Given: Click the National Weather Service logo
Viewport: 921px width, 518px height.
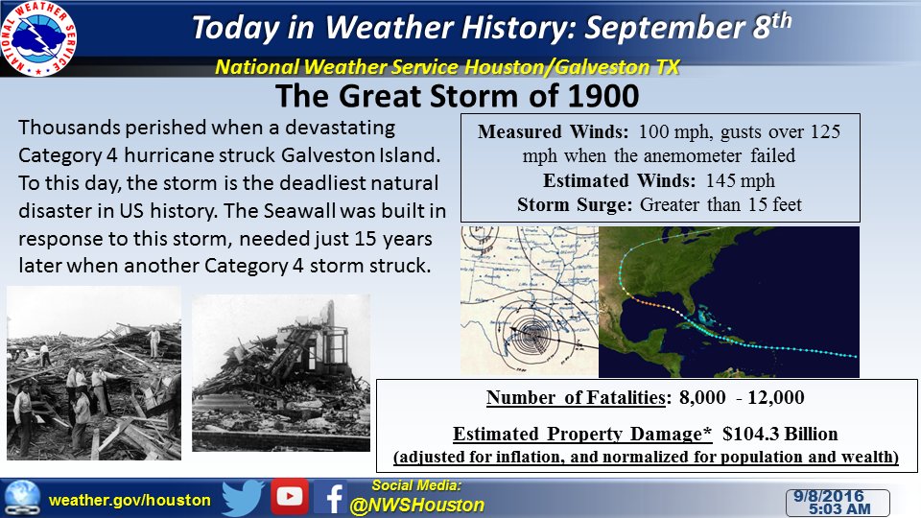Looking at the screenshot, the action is (x=38, y=38).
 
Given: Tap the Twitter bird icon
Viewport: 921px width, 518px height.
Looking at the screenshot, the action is (x=243, y=498).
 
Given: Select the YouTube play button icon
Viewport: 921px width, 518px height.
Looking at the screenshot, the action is (x=290, y=496).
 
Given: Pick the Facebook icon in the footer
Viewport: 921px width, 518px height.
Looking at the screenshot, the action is (x=330, y=498).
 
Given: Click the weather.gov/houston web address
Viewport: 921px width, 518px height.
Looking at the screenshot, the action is (x=130, y=501).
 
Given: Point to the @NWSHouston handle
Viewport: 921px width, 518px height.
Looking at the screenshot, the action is (x=416, y=506).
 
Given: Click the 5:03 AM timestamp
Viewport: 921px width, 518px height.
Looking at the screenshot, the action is (x=839, y=508).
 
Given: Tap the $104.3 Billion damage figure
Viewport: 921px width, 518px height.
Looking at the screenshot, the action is (x=780, y=434).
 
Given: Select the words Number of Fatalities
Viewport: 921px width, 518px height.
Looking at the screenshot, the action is (x=576, y=397).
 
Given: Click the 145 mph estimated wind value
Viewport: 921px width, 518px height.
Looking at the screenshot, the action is (x=740, y=180).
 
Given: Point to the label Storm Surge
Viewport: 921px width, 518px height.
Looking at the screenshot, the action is (x=575, y=205).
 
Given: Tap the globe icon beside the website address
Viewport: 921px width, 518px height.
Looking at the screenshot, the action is (x=22, y=498).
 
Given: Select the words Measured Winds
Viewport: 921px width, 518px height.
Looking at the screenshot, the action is (x=553, y=131).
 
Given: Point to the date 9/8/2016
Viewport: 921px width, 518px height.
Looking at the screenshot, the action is (x=829, y=496).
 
